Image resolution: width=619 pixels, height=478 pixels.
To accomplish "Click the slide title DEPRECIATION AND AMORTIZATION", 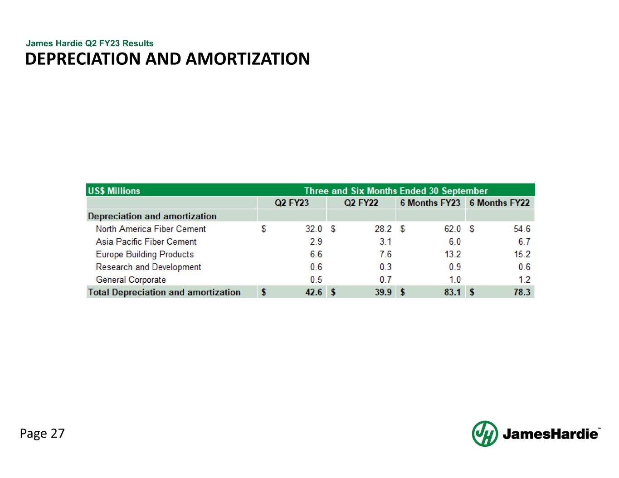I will (x=167, y=59).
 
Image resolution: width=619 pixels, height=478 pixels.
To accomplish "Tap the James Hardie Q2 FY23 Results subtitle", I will (x=90, y=43).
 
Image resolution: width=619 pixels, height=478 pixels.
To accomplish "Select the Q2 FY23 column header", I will (x=292, y=203).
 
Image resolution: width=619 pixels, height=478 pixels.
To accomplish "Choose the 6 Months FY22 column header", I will (x=499, y=203).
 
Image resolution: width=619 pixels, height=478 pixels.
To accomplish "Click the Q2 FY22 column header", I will (x=361, y=203).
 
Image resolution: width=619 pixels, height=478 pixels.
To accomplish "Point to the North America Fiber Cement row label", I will (x=151, y=229).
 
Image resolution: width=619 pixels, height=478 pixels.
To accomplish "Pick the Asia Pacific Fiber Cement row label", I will (x=146, y=242).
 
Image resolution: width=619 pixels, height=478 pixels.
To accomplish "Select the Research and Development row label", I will (x=148, y=267).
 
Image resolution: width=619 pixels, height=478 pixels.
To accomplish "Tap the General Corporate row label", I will (x=131, y=280).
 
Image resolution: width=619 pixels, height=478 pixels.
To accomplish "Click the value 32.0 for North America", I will (x=313, y=229).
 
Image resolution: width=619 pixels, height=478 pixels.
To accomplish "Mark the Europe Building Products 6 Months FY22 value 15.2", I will (x=522, y=255).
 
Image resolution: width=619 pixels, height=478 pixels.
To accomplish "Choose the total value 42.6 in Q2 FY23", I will (x=313, y=293).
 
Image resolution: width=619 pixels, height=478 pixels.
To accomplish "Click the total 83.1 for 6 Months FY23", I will (x=452, y=293).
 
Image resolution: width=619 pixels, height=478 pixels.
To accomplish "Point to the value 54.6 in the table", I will (x=522, y=229).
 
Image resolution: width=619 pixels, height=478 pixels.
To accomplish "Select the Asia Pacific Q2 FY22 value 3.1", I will (x=385, y=242).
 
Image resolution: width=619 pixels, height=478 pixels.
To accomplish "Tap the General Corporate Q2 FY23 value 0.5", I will (x=316, y=280).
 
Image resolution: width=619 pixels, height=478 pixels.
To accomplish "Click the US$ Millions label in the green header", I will (x=114, y=191).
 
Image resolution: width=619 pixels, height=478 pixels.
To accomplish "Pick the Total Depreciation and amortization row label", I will (x=164, y=293).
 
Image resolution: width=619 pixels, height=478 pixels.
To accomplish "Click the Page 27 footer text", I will (x=42, y=434).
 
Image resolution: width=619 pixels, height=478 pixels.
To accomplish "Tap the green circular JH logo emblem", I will (x=484, y=434).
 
